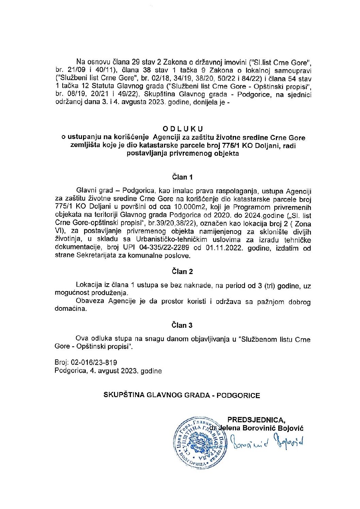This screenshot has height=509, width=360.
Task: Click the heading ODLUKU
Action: coord(183,129)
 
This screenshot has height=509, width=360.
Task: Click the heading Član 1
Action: coord(182,177)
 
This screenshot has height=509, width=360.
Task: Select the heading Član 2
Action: coord(182,271)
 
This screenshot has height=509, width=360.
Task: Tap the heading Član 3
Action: coord(182,325)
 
